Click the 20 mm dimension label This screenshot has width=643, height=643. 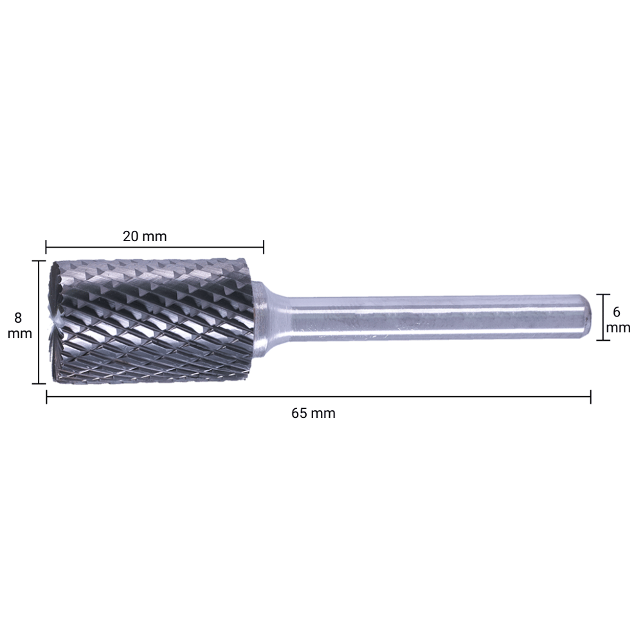click(x=145, y=237)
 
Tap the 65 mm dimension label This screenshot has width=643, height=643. click(x=313, y=413)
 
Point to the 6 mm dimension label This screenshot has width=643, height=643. click(x=619, y=320)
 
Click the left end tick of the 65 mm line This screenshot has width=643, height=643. click(x=46, y=398)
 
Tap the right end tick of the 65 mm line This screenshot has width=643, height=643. click(x=590, y=398)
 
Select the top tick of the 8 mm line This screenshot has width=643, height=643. click(x=39, y=261)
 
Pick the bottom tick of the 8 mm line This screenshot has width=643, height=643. click(x=39, y=384)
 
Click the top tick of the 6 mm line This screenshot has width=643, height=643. click(x=602, y=294)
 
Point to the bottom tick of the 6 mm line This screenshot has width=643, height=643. click(x=602, y=340)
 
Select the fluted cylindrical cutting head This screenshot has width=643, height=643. click(x=154, y=321)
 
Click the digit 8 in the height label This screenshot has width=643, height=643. click(x=18, y=318)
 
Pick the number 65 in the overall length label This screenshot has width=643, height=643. click(x=299, y=413)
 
